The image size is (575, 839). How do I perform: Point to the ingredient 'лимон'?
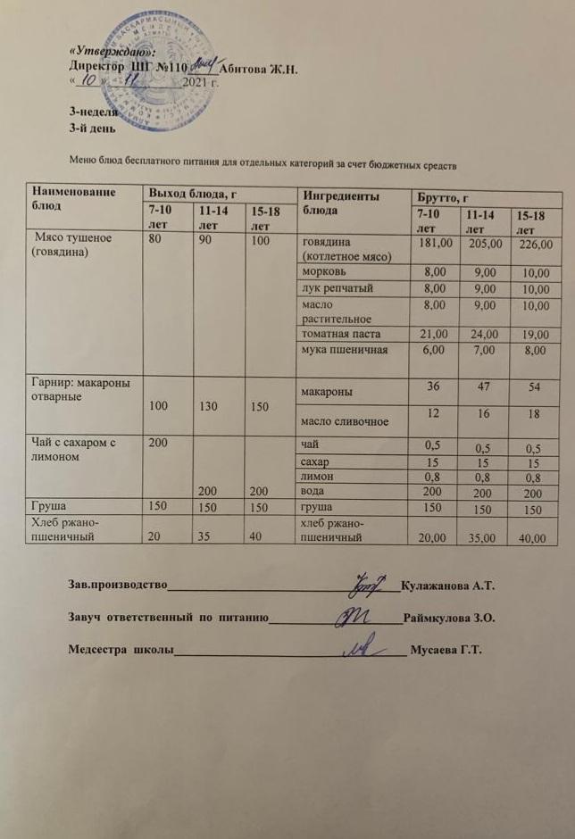click(318, 477)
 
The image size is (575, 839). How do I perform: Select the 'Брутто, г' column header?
click(442, 195)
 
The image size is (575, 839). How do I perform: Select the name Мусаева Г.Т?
click(445, 649)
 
